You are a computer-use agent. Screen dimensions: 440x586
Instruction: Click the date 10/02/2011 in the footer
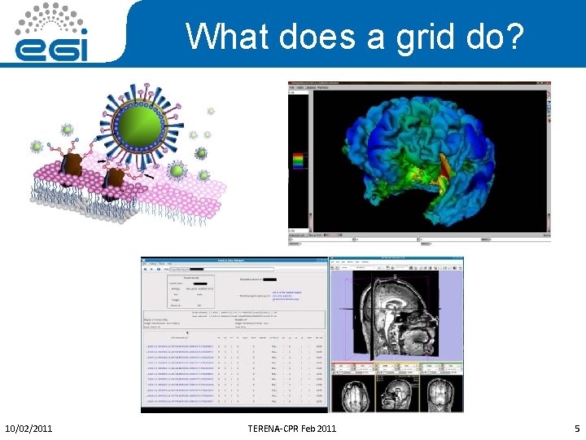tap(29, 428)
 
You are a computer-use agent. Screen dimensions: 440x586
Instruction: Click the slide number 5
tap(576, 428)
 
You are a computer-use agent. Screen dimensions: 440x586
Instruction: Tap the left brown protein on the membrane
tap(77, 165)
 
